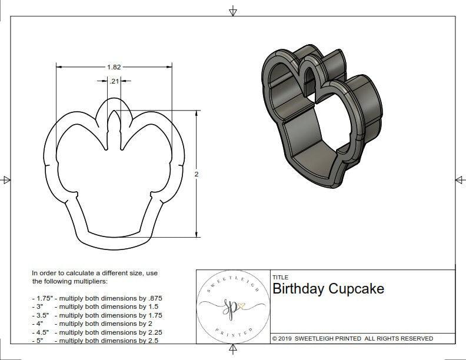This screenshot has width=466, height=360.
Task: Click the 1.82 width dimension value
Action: coord(114,68)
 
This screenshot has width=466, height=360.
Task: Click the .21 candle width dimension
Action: coord(115,81)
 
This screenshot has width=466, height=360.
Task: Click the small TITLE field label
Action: coord(280,277)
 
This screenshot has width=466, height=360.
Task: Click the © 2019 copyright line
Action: coord(352,338)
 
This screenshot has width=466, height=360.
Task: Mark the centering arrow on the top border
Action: coord(233,11)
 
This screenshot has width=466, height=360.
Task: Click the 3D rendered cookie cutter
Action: coord(321,118)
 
